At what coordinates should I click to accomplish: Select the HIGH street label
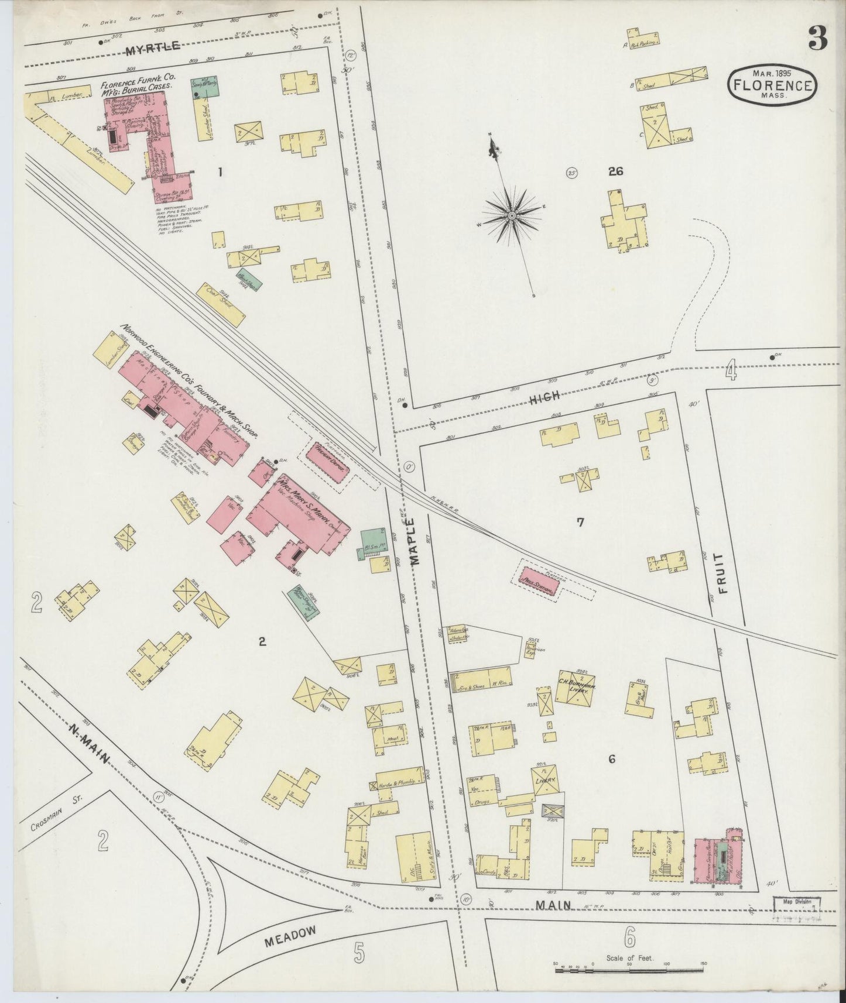[x=545, y=398]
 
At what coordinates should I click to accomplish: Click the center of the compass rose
[x=512, y=216]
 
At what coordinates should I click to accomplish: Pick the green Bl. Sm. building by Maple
[x=371, y=543]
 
